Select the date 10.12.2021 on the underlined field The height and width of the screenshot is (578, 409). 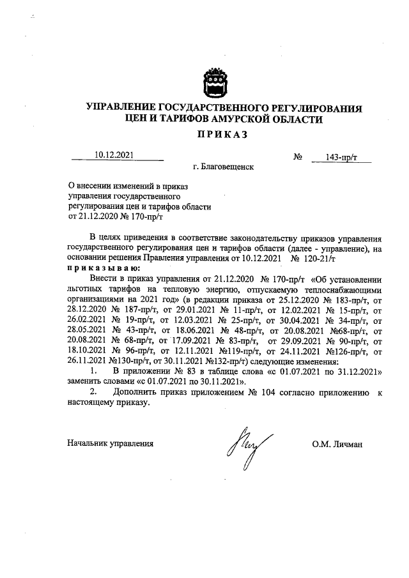(113, 154)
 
